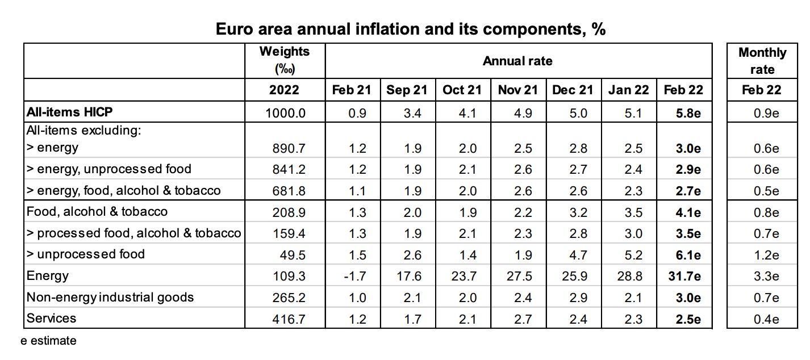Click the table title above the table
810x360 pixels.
tap(410, 29)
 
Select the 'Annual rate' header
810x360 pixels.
tap(517, 61)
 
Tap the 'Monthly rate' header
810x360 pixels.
tap(762, 61)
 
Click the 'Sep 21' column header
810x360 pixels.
tap(407, 90)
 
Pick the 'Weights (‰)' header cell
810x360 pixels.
tap(285, 60)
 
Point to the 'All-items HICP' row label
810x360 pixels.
tap(69, 112)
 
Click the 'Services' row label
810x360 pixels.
tap(51, 318)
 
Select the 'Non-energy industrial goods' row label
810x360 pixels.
tap(110, 297)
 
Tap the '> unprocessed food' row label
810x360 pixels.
tap(85, 254)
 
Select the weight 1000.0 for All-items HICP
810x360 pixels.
tap(285, 113)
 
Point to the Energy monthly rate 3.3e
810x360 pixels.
tap(765, 277)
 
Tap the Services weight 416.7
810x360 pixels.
tap(289, 319)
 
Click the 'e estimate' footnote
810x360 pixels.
tap(49, 341)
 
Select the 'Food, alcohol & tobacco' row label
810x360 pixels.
tap(97, 211)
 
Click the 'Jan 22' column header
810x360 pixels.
tap(628, 90)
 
